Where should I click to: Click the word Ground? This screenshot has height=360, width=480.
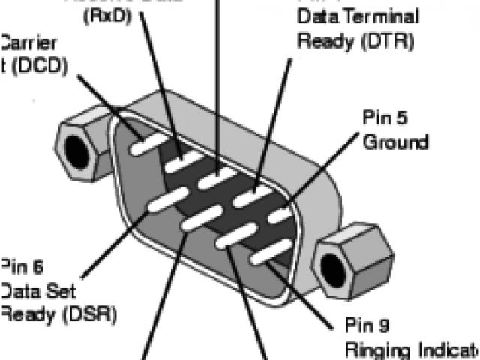click(395, 142)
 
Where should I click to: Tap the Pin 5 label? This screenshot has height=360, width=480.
click(382, 118)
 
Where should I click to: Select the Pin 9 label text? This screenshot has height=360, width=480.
click(366, 325)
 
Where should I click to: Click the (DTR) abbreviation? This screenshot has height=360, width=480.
click(388, 40)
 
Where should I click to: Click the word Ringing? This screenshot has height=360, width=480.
click(375, 349)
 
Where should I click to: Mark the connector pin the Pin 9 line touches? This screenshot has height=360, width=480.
click(266, 255)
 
